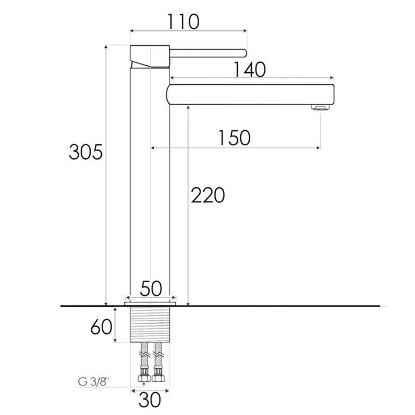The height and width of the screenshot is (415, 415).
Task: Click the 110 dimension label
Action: pos(183,22)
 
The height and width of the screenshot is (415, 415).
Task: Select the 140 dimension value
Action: pos(250,69)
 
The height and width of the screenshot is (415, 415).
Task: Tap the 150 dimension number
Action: pos(235,138)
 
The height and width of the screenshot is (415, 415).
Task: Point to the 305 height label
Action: pos(85,152)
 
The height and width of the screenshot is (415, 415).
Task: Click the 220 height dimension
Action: pos(207,195)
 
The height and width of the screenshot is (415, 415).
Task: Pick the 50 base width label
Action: pos(151,289)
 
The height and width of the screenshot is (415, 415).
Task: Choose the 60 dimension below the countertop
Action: pos(101,327)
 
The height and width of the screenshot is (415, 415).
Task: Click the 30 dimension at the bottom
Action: pos(149,400)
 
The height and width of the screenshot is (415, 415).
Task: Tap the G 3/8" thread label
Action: pos(94,382)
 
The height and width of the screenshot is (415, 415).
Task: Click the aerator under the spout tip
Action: pos(320,107)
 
